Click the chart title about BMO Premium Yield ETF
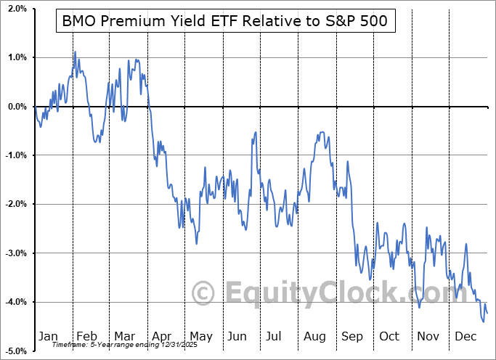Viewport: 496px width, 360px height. coord(225,22)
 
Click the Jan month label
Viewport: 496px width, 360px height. coord(49,336)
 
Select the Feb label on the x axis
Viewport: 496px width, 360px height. coord(86,336)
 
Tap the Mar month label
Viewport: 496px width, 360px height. coord(125,336)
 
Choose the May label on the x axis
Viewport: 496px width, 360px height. coord(201,336)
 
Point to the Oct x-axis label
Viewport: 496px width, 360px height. coord(391,336)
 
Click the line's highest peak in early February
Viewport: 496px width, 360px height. coord(74,52)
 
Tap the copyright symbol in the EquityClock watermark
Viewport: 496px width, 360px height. coord(203,294)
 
